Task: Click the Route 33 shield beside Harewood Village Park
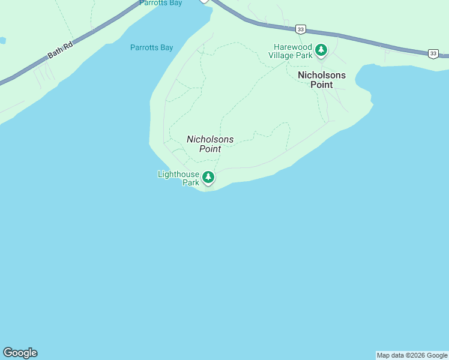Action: click(301, 29)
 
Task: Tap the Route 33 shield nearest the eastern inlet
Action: click(433, 54)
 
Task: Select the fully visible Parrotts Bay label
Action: click(151, 47)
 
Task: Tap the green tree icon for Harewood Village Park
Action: click(322, 50)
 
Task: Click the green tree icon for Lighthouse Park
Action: click(208, 177)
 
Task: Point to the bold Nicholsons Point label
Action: click(322, 80)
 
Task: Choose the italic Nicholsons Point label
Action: click(210, 144)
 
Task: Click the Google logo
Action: click(20, 353)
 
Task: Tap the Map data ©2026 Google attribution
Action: click(412, 356)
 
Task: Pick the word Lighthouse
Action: click(178, 175)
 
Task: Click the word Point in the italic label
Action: click(210, 149)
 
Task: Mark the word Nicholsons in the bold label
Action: click(322, 75)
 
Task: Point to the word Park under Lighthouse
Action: click(191, 182)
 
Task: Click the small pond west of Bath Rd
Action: click(2, 40)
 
